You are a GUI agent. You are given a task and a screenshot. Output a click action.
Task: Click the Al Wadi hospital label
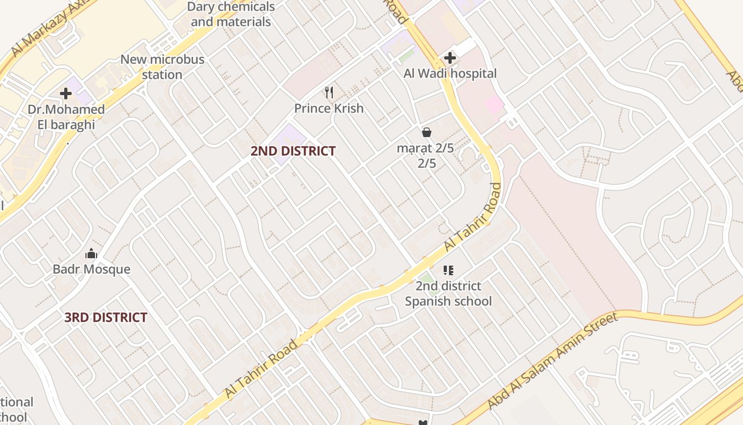[450, 73]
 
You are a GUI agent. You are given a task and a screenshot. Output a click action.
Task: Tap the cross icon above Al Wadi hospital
[450, 57]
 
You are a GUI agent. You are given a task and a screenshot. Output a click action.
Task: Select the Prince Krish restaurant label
[329, 108]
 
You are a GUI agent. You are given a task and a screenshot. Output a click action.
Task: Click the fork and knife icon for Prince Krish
[329, 92]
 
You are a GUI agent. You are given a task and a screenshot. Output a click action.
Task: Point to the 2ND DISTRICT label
[293, 151]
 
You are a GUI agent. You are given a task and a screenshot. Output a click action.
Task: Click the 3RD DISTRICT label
[106, 318]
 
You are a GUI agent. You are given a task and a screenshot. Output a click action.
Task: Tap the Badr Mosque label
[91, 269]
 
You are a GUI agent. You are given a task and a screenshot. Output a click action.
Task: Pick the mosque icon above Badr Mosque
[91, 253]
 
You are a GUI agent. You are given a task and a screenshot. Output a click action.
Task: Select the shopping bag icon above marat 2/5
[426, 132]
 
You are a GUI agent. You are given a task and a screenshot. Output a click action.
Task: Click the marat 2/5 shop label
[426, 156]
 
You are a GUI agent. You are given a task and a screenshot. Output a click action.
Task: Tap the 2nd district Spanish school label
[448, 294]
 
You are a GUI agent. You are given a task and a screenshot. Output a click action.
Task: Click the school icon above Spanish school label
[448, 270]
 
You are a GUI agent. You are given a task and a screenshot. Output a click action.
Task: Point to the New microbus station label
[162, 67]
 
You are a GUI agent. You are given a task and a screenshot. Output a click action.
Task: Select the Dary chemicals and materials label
[231, 14]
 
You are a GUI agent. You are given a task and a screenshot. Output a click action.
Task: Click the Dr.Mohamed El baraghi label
[66, 117]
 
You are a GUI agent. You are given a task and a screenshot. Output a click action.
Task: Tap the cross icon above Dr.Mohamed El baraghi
[66, 94]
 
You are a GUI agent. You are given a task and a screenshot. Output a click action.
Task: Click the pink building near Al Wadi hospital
[494, 104]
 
